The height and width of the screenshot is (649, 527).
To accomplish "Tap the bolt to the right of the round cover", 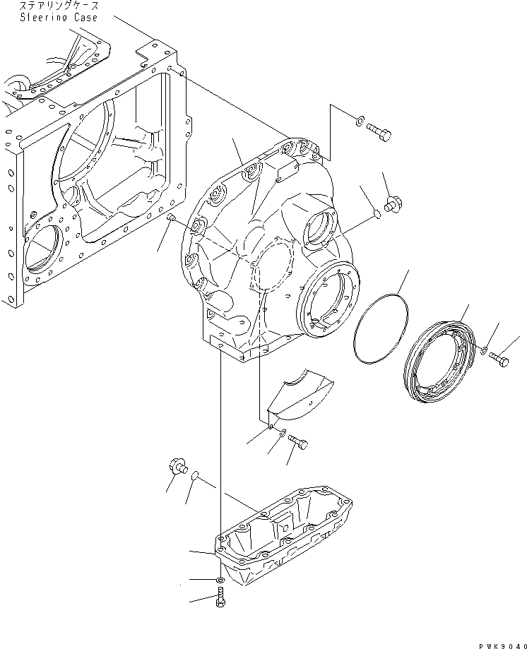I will (x=499, y=361).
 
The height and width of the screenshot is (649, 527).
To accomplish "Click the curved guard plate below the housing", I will (x=298, y=394).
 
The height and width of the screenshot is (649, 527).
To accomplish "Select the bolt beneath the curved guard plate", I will (x=298, y=443).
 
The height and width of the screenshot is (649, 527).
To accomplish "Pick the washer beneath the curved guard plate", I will (x=281, y=434).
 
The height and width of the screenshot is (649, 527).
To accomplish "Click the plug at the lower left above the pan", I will (x=177, y=467).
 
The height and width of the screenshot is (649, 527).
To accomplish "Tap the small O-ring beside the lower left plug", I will (x=194, y=479).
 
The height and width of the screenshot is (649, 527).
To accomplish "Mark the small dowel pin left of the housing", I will (x=171, y=220).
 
